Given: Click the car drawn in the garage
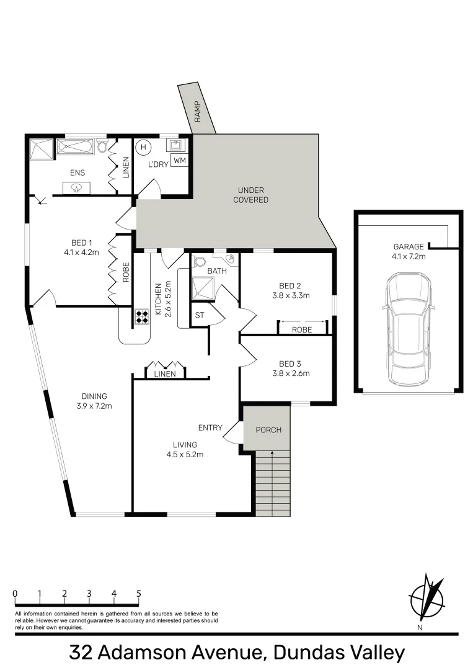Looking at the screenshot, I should [408, 329].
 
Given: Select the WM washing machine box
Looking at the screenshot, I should [179, 161].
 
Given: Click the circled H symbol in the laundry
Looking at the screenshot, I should [144, 148].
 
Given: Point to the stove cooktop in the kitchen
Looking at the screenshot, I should [142, 317].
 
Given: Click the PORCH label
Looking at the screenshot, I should [268, 430].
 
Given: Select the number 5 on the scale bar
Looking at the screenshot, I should [138, 593].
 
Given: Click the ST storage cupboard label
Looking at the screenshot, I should [200, 315].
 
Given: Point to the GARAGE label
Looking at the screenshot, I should [409, 246].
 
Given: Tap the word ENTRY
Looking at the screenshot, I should [210, 427].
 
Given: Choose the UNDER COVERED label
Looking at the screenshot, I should [251, 195].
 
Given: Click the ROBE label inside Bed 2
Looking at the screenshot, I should [302, 330].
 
